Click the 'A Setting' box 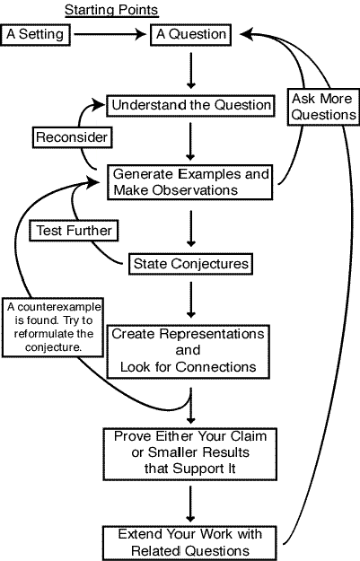pos(35,34)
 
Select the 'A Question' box pos(190,34)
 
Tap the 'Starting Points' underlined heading pos(111,10)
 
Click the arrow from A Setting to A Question pos(110,34)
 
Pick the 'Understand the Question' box pos(190,106)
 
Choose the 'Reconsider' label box pos(73,137)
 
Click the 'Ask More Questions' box pos(323,107)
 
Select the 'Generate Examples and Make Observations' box pos(190,182)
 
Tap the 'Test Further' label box pos(74,231)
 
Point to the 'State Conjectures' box pos(190,264)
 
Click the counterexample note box pos(53,328)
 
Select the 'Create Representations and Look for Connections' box pos(189,351)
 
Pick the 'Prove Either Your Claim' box pos(190,453)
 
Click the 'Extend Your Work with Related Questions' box pos(189,543)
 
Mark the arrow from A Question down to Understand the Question pos(191,71)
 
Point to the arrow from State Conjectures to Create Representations pos(191,300)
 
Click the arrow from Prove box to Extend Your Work pos(190,504)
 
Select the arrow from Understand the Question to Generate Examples pos(190,141)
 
